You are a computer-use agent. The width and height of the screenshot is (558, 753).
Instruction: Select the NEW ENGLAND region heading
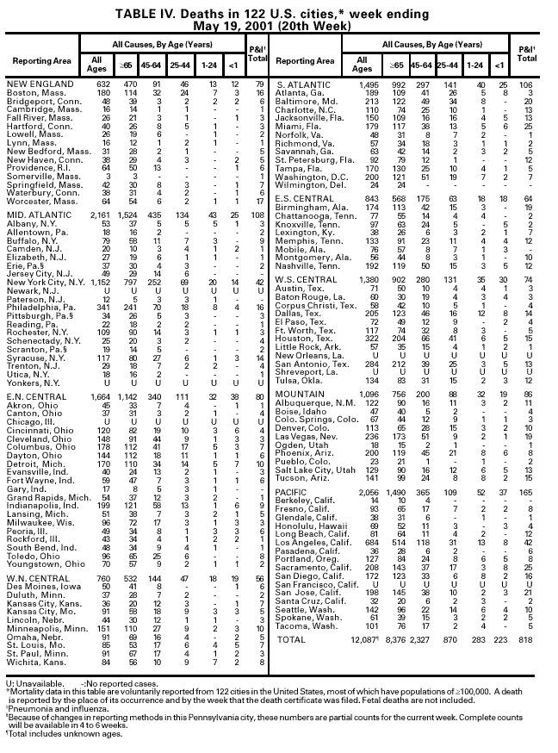(x=39, y=84)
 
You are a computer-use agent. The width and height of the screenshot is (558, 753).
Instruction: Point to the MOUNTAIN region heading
(x=301, y=393)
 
